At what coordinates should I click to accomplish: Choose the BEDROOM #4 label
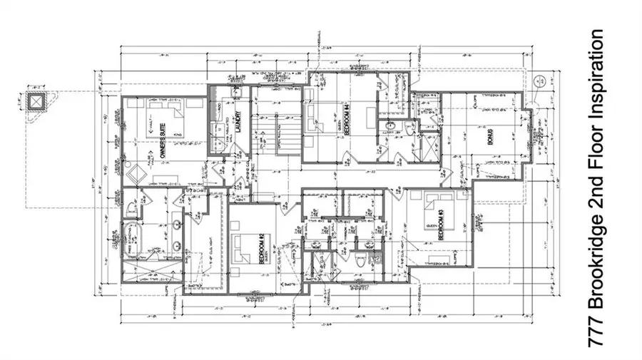click(x=346, y=120)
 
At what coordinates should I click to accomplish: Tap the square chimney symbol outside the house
click(x=34, y=101)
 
